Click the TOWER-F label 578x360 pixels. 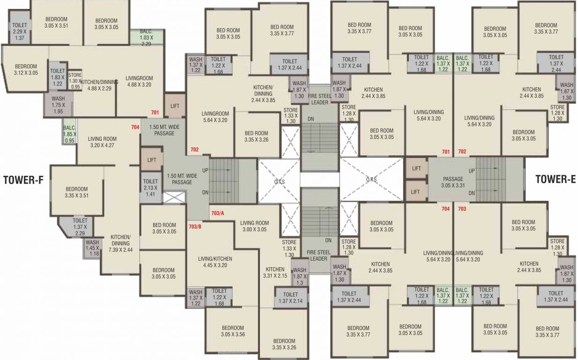23,180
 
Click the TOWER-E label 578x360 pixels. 555,179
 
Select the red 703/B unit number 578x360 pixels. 195,226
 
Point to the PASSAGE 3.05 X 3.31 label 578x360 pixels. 453,182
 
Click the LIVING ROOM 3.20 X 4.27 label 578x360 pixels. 102,142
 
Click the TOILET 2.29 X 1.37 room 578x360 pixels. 19,31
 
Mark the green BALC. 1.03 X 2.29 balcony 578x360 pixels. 147,37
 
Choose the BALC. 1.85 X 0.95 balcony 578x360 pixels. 70,134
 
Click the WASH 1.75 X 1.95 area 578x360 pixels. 58,105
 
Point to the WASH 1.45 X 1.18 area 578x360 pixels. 92,248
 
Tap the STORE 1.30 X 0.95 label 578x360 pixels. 75,81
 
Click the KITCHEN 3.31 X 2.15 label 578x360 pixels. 275,273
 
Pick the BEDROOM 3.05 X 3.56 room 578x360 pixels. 233,331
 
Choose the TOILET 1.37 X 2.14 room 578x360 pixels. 290,298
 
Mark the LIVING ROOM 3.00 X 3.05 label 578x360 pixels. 255,226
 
